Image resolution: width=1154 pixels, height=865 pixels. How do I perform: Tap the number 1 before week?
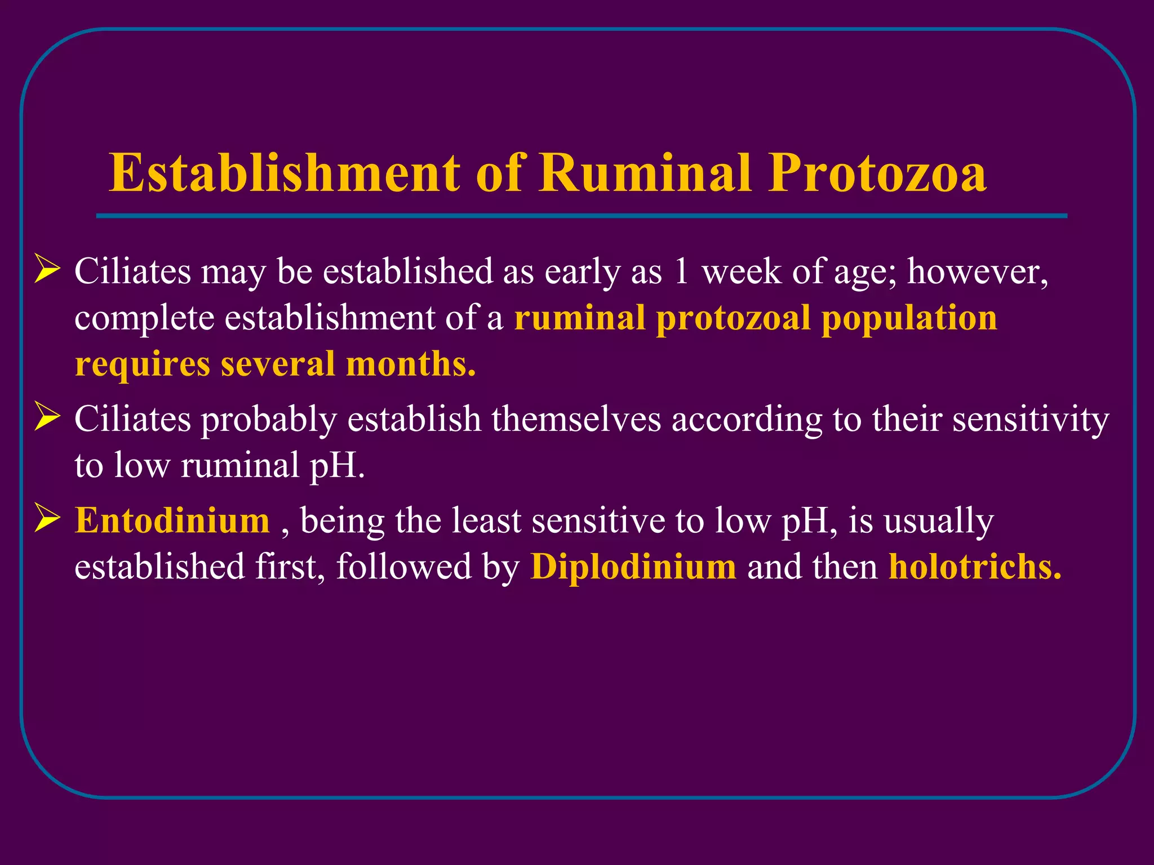pos(681,271)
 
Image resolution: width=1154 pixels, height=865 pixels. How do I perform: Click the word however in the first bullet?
pos(977,271)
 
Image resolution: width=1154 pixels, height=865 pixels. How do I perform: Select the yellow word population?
pos(909,318)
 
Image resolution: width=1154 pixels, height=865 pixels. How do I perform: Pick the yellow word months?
pos(410,364)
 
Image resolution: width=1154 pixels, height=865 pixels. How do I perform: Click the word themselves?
pos(576,420)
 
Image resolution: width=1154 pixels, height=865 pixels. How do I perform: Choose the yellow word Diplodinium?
pos(633,566)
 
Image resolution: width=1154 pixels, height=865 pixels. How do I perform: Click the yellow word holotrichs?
pos(974,566)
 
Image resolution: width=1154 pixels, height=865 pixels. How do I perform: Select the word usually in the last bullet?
pos(938,521)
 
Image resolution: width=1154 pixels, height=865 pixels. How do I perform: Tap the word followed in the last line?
pos(403,566)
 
